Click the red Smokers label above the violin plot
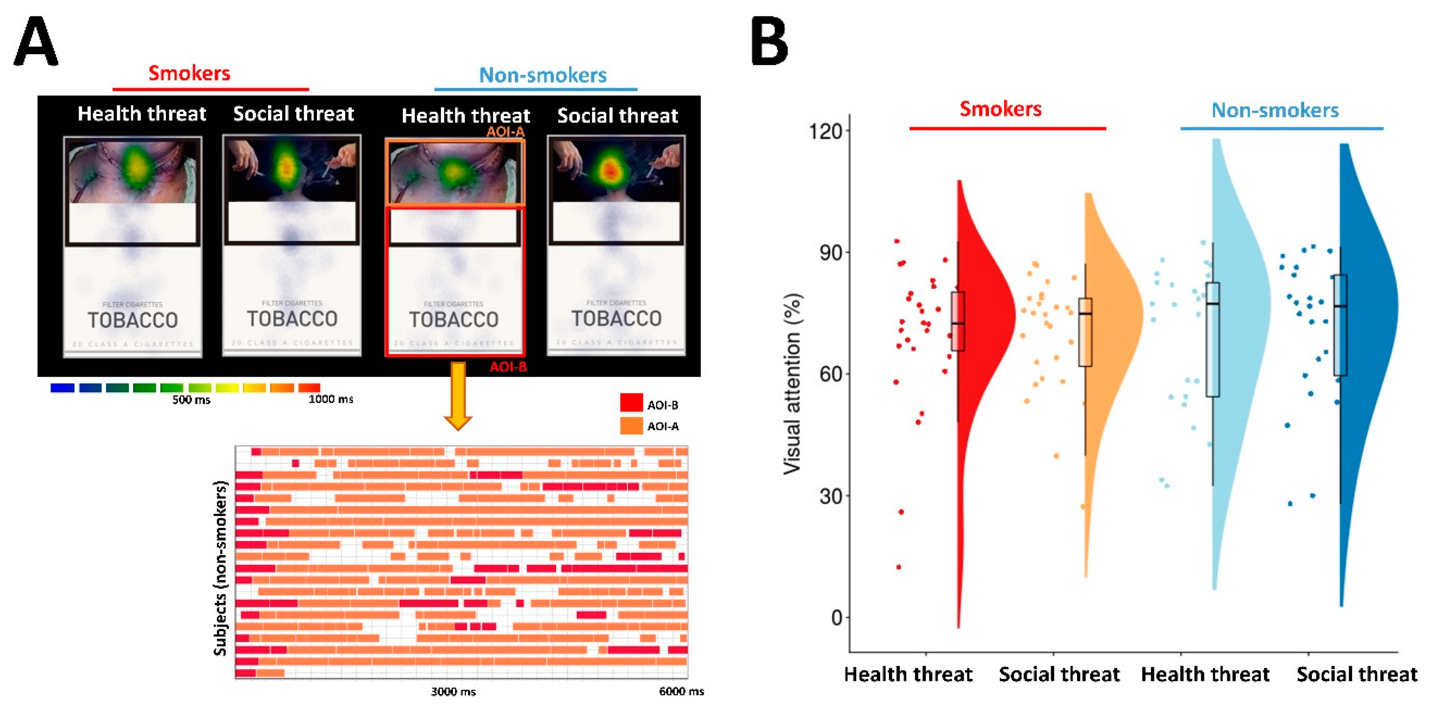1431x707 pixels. (x=1001, y=109)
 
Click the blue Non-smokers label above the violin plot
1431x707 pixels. (x=1275, y=110)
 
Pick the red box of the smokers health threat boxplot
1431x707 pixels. (x=958, y=321)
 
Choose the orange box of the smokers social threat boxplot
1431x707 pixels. (x=1085, y=332)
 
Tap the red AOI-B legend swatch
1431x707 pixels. (x=631, y=403)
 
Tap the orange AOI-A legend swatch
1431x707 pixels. (x=631, y=425)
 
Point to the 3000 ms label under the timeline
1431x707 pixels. (x=453, y=691)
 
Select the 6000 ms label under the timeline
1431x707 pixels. (x=681, y=691)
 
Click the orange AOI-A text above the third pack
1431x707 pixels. (x=505, y=132)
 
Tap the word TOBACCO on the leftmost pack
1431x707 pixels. (x=132, y=320)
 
